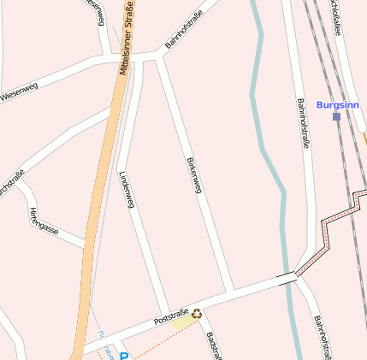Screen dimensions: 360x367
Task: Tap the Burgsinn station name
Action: (336, 104)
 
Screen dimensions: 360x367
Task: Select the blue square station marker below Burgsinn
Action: (337, 116)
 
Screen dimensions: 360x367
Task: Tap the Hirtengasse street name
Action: (44, 221)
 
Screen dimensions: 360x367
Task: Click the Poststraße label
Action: (170, 316)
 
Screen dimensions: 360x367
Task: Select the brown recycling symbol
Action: (197, 314)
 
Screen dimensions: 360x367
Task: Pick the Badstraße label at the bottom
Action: (213, 345)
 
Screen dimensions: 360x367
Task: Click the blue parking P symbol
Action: (123, 355)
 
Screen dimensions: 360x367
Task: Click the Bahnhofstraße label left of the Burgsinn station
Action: (303, 124)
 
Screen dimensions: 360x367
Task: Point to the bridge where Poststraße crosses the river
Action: (287, 276)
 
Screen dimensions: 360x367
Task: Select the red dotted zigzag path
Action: (330, 227)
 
